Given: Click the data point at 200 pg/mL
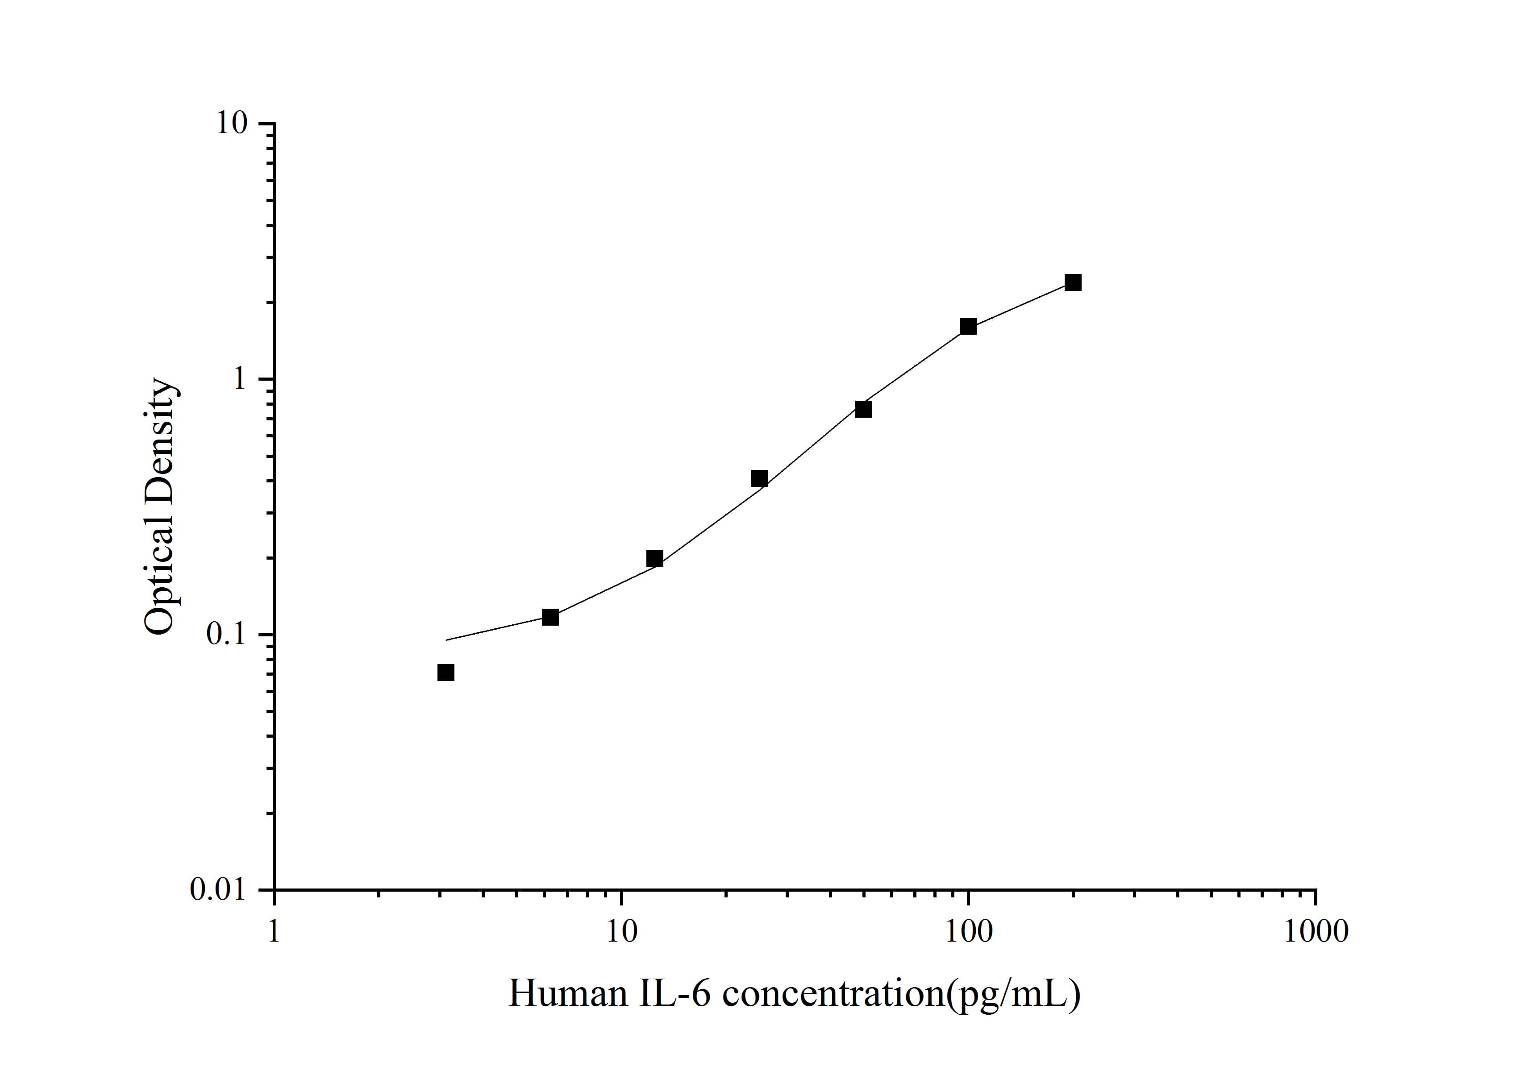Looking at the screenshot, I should pyautogui.click(x=1073, y=283).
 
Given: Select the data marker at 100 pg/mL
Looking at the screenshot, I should pyautogui.click(x=968, y=327).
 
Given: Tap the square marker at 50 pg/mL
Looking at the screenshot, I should pyautogui.click(x=864, y=409).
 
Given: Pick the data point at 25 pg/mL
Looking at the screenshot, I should pyautogui.click(x=759, y=478).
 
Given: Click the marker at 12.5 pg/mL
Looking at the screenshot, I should pyautogui.click(x=655, y=558).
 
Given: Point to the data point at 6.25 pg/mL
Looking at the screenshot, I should pyautogui.click(x=550, y=617).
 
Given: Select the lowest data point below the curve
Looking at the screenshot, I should pyautogui.click(x=446, y=673).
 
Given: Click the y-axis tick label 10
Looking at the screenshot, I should pyautogui.click(x=232, y=124).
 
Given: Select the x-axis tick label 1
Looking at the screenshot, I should pyautogui.click(x=274, y=931).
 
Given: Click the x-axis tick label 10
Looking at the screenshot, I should pyautogui.click(x=621, y=931).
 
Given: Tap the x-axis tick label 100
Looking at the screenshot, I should pyautogui.click(x=968, y=931).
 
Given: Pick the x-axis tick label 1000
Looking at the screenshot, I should pyautogui.click(x=1316, y=931).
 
